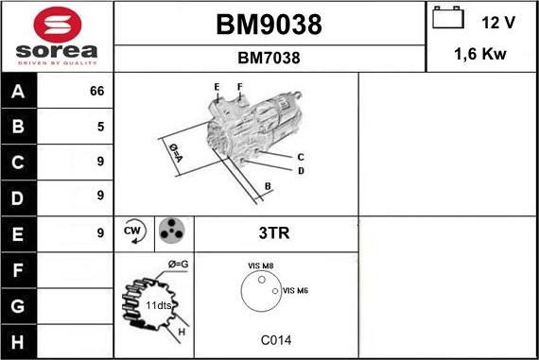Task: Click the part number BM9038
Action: click(269, 26)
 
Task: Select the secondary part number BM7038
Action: click(269, 58)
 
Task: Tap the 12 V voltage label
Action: click(496, 22)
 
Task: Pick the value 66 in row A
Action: click(96, 92)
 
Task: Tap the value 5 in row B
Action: click(99, 127)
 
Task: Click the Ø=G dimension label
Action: click(179, 263)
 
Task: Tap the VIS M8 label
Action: click(260, 266)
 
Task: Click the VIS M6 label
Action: click(296, 290)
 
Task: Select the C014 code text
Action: click(274, 340)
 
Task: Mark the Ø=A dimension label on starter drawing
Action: click(176, 151)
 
